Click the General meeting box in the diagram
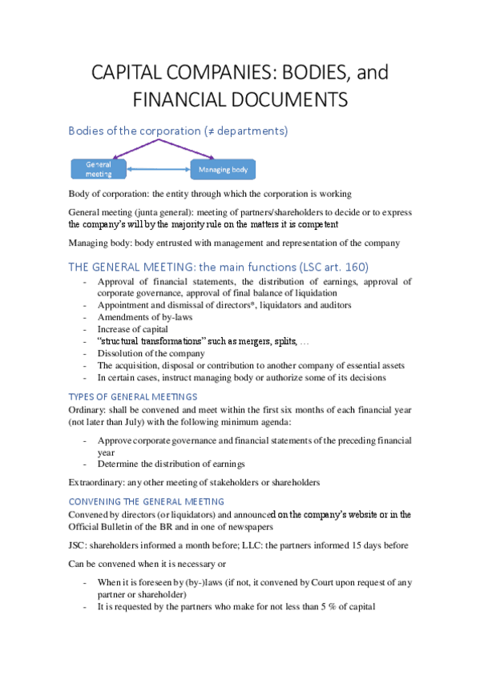pyautogui.click(x=99, y=169)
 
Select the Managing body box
pyautogui.click(x=223, y=169)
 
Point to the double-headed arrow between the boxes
pyautogui.click(x=158, y=169)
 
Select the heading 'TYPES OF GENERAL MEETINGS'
pyautogui.click(x=133, y=396)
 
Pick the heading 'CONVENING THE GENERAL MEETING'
pyautogui.click(x=147, y=501)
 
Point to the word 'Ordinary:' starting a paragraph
pyautogui.click(x=87, y=410)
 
